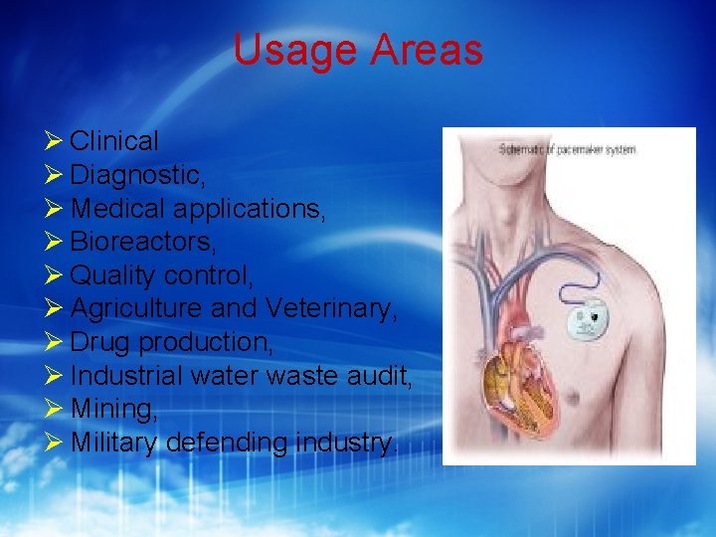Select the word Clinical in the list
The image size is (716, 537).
coord(114,142)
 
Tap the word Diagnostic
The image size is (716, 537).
coord(137,176)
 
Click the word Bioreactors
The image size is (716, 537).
coord(142,242)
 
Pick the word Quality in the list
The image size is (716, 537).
coord(112,275)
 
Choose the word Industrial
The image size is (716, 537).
coord(126,375)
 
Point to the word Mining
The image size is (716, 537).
coord(113,409)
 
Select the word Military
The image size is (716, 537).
coord(113,442)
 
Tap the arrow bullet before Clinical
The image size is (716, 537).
coord(55,142)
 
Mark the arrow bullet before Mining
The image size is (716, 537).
coord(55,409)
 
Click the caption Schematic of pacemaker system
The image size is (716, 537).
coord(568,149)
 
